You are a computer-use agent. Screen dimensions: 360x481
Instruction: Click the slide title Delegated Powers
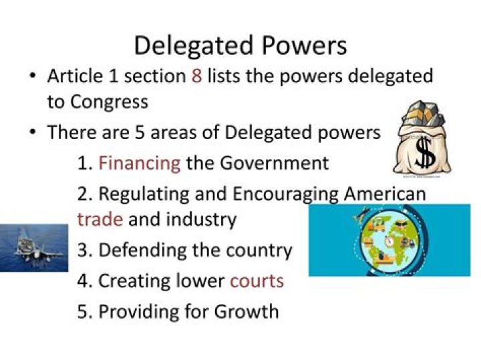pyautogui.click(x=240, y=45)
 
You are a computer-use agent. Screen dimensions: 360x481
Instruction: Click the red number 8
pyautogui.click(x=196, y=76)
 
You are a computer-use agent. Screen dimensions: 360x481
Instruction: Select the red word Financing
pyautogui.click(x=139, y=163)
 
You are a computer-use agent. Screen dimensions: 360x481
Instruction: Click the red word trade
pyautogui.click(x=100, y=219)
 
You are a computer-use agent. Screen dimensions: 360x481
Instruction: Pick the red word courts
pyautogui.click(x=257, y=280)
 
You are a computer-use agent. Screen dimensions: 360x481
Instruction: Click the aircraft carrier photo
pyautogui.click(x=33, y=248)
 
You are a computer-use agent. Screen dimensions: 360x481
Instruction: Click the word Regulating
pyautogui.click(x=144, y=194)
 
